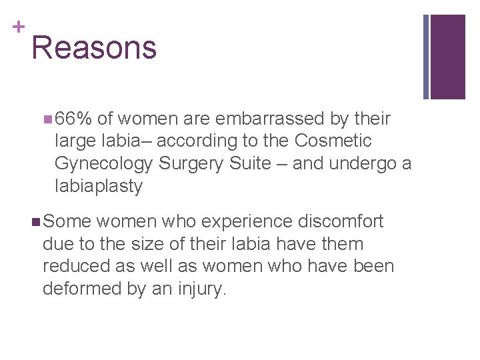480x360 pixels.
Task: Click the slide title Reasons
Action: (94, 48)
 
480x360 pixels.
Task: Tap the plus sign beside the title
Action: (18, 27)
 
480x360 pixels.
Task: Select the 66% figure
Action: (73, 119)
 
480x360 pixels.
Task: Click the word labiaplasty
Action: (99, 187)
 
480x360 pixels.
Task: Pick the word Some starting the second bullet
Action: (67, 221)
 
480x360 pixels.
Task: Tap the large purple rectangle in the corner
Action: (448, 57)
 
